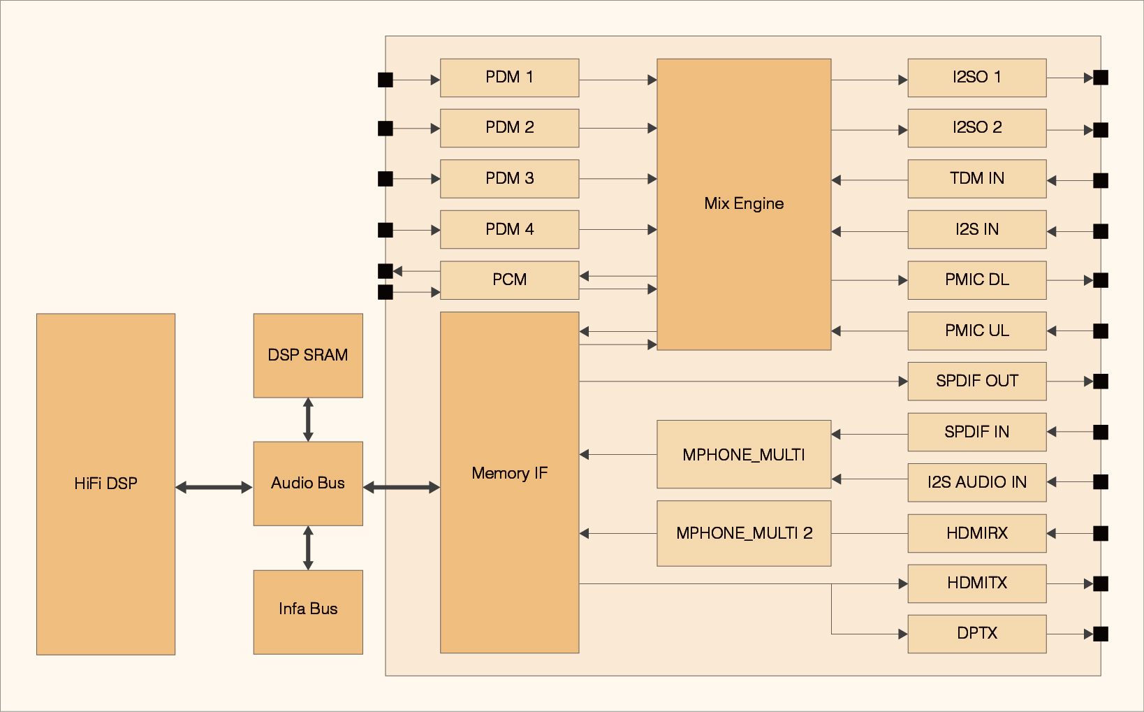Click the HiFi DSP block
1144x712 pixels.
click(105, 484)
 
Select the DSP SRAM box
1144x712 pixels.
click(308, 355)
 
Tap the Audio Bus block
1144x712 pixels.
click(308, 483)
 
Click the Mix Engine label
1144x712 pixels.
click(744, 203)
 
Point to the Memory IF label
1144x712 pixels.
click(509, 473)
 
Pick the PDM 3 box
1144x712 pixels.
click(509, 178)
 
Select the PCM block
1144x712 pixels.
click(509, 279)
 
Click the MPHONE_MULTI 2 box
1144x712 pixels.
click(744, 533)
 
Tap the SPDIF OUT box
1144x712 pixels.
click(976, 381)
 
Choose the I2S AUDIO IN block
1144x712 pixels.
click(976, 482)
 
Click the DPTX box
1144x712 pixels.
click(976, 633)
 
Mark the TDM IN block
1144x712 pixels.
click(976, 178)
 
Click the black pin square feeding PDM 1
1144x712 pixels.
click(386, 80)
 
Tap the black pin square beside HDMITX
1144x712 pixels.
click(1101, 583)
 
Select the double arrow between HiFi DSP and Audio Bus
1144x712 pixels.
click(214, 487)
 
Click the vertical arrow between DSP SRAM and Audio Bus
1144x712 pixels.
click(308, 419)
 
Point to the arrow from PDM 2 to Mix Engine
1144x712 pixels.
click(617, 129)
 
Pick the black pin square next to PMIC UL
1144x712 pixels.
click(1101, 330)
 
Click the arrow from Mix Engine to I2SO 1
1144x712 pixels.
click(869, 80)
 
